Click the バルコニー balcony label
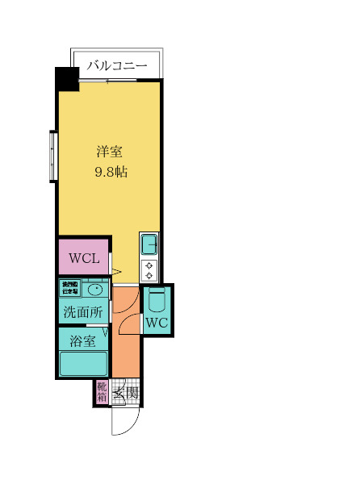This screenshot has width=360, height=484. (118, 65)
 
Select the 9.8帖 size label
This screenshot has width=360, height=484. (111, 172)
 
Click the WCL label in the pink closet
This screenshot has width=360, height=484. (84, 259)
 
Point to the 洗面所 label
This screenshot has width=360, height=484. (82, 312)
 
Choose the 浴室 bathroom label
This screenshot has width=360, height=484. (82, 340)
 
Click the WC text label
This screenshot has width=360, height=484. (157, 323)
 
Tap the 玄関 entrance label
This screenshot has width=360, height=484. (125, 394)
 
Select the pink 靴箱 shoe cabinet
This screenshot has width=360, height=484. (102, 392)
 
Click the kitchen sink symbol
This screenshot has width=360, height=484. (150, 244)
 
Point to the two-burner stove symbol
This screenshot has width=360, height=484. (150, 269)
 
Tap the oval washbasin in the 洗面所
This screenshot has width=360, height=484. (94, 290)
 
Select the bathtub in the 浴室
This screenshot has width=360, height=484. (84, 363)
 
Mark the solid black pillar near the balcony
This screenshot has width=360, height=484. (66, 80)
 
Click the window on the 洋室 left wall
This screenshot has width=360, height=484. (52, 156)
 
